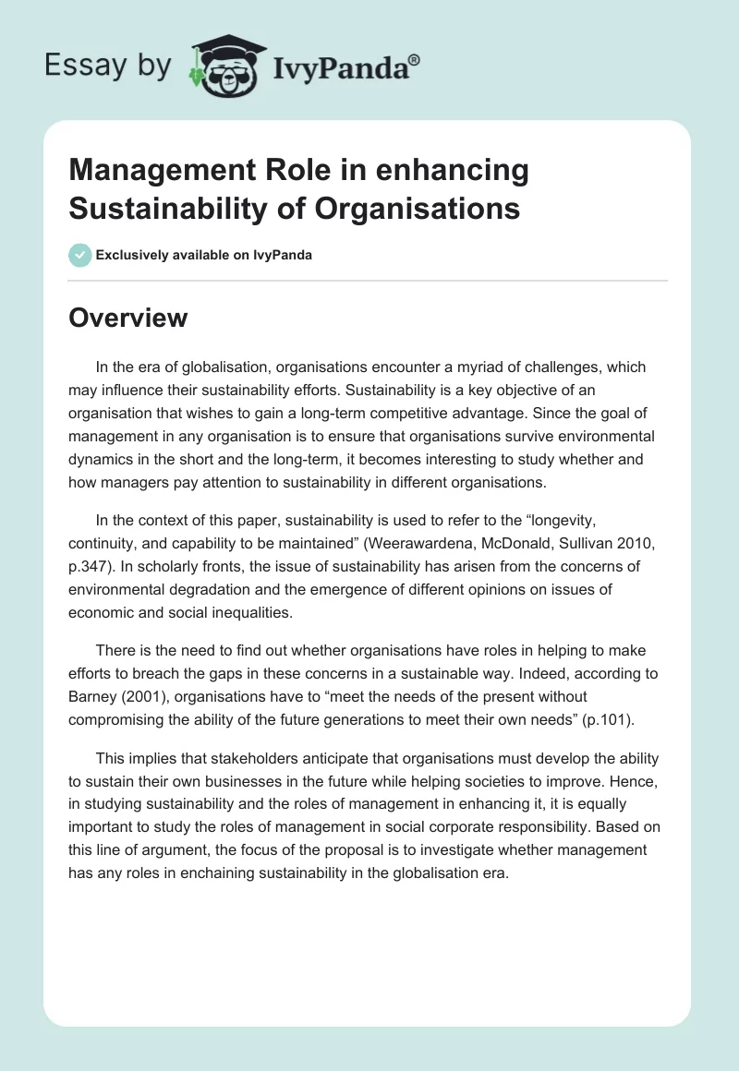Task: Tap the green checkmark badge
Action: pyautogui.click(x=80, y=255)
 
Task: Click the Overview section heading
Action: pyautogui.click(x=127, y=318)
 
